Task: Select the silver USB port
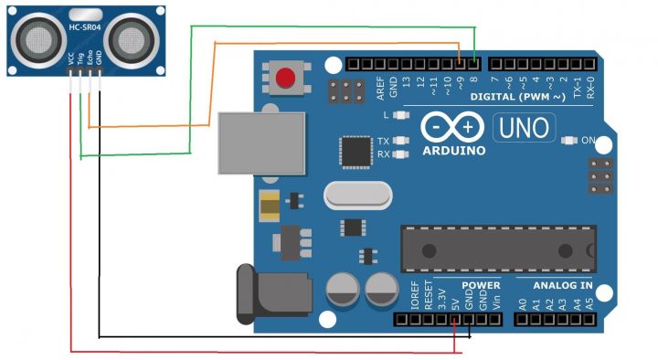tap(262, 143)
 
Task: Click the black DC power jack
tap(264, 293)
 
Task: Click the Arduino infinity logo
tap(454, 127)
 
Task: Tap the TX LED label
tap(384, 142)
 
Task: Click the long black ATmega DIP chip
tap(498, 249)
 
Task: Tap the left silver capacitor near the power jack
tap(343, 291)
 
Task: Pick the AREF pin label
tap(382, 87)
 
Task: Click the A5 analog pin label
tap(589, 302)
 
